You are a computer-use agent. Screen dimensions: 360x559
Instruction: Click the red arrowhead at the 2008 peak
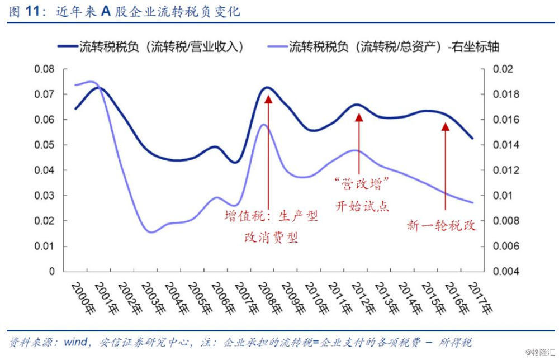tap(268, 99)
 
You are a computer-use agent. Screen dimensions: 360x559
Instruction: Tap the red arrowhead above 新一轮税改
tap(445, 126)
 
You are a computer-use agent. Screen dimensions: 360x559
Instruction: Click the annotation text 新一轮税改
tap(442, 226)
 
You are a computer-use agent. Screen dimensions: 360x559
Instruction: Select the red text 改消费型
tap(271, 238)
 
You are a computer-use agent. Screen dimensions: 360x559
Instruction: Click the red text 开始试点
tap(362, 206)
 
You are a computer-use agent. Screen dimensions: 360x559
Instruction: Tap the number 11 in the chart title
tap(34, 11)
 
